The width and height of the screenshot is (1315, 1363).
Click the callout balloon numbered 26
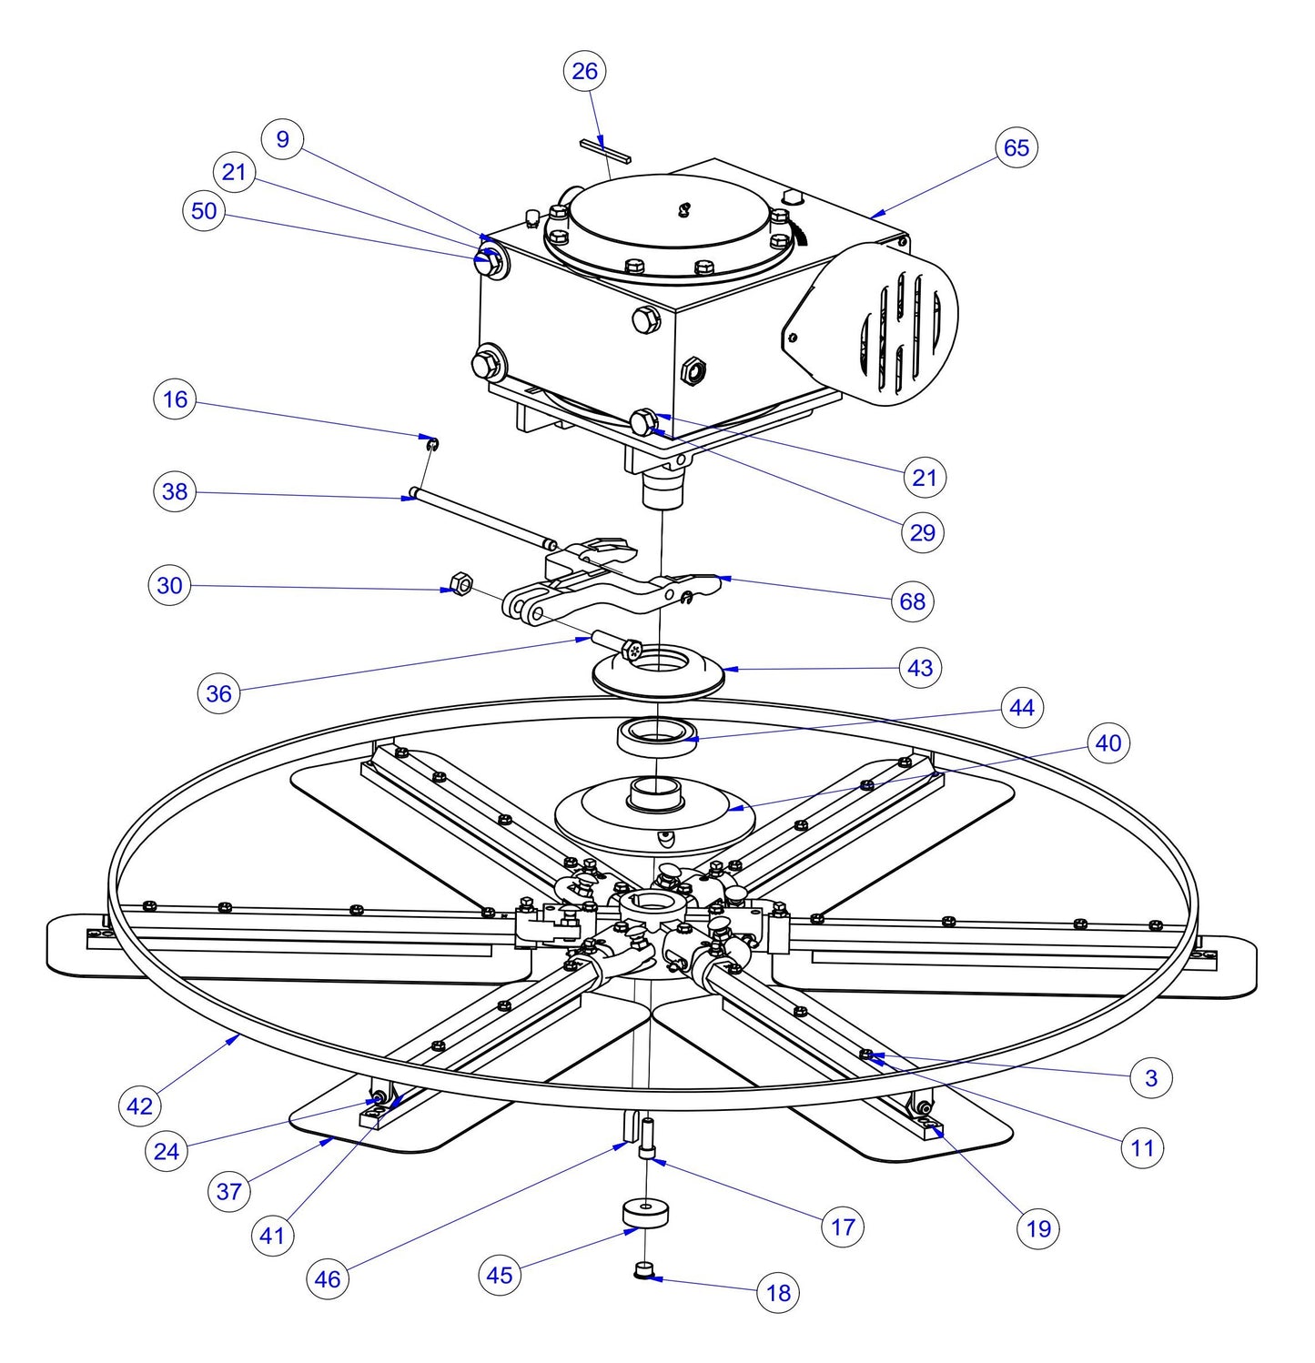pos(584,71)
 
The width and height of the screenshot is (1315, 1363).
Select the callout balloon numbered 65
pos(1016,147)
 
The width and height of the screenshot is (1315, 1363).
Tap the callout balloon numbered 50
pos(204,211)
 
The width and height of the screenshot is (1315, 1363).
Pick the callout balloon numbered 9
pos(282,139)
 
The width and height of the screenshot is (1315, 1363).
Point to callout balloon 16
pos(175,399)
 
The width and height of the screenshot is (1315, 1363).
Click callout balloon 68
pos(912,601)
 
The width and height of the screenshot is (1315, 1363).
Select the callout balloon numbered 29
pos(922,532)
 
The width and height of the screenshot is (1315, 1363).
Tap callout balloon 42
pos(139,1106)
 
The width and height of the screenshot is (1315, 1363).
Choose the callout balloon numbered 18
pos(778,1292)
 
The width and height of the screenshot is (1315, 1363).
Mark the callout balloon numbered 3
pos(1151,1078)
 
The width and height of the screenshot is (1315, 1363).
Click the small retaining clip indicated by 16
pos(433,443)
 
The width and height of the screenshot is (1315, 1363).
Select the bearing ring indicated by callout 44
pos(657,734)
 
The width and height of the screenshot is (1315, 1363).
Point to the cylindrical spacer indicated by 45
pos(645,1214)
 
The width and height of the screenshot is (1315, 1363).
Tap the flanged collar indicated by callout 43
pos(658,673)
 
